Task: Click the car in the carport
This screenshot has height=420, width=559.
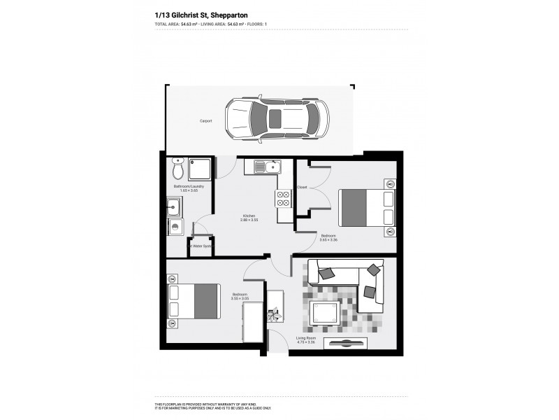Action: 277,118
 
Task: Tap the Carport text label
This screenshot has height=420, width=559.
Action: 206,120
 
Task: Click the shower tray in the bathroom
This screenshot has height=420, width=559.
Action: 199,168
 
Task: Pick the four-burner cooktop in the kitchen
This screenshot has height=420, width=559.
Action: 284,199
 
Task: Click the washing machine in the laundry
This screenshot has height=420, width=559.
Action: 175,227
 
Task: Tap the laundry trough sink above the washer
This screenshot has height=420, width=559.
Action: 175,207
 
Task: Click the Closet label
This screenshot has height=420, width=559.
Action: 302,187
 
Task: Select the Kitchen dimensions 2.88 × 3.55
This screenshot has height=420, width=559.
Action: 249,220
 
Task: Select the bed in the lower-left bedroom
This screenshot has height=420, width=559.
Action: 195,300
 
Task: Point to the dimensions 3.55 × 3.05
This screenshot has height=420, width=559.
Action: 240,299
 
